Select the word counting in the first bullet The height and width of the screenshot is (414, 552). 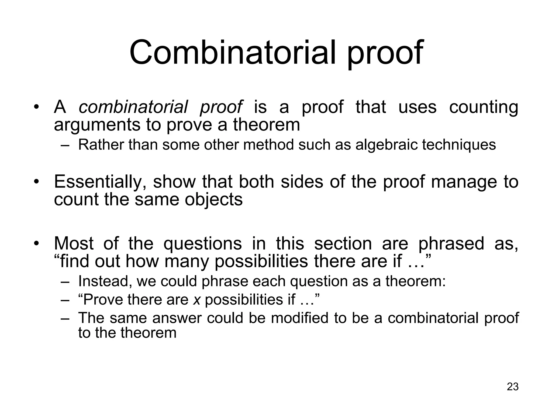[484, 107]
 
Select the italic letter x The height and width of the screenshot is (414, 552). [197, 299]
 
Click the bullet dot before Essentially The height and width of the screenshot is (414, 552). [36, 181]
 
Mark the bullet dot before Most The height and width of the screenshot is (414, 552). [36, 243]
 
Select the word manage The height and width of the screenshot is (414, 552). [464, 182]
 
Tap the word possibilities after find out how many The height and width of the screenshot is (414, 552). [261, 261]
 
